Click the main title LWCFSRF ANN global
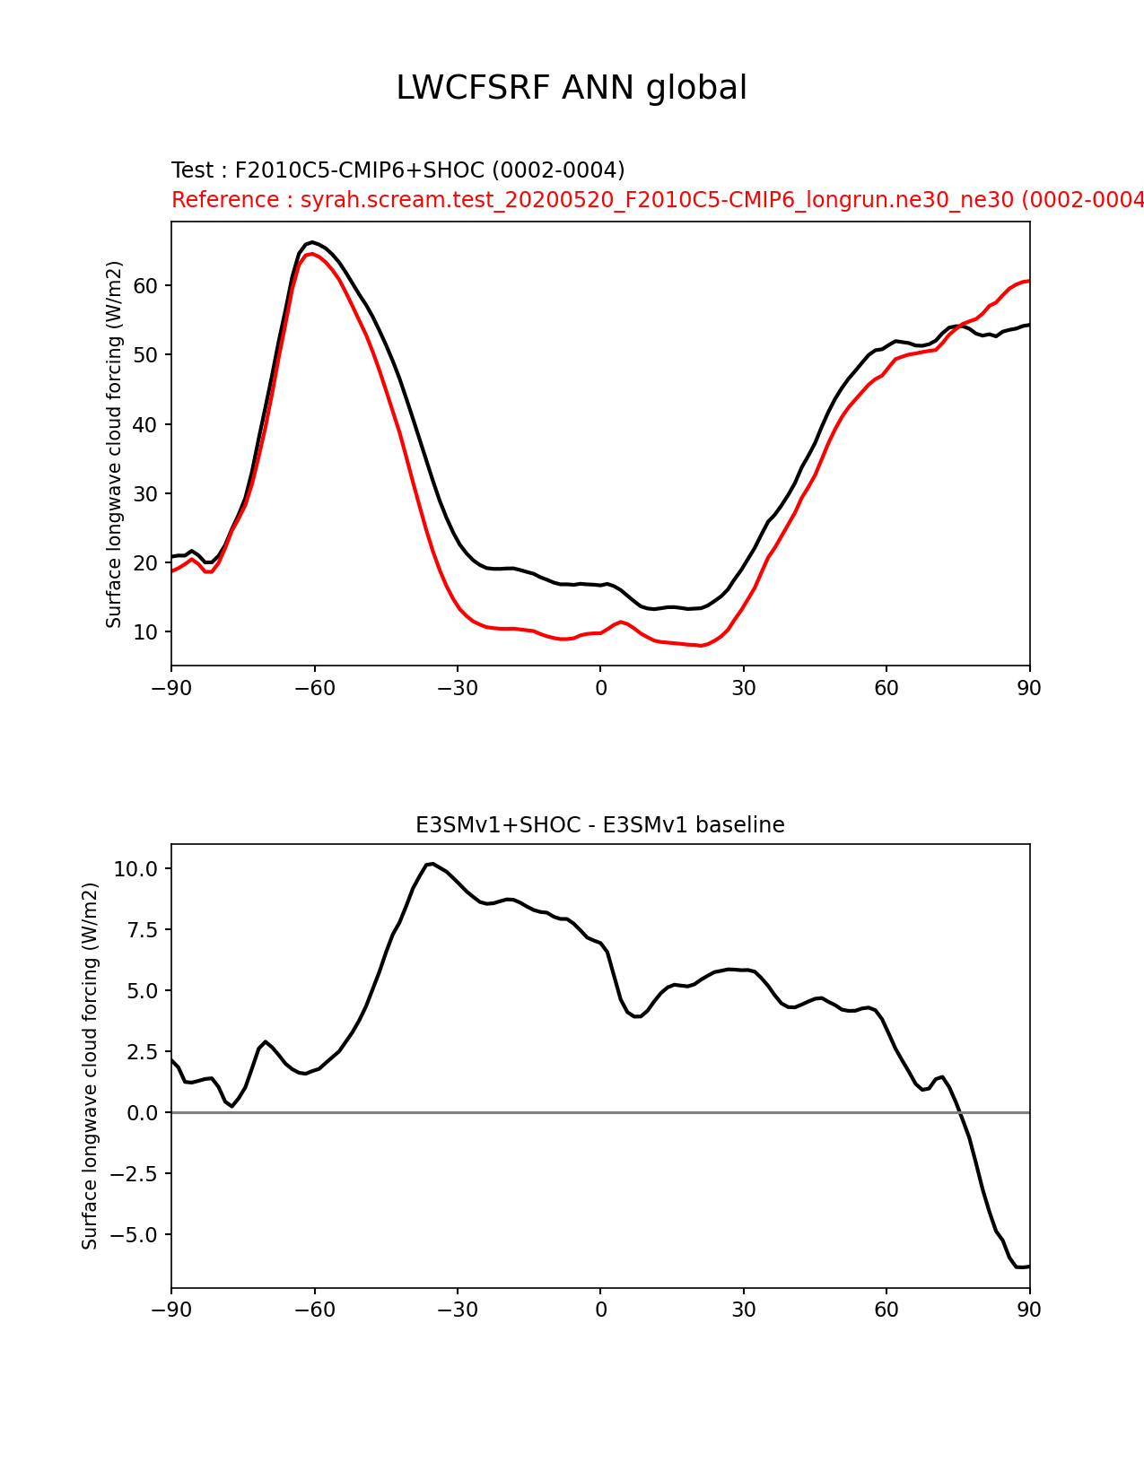[x=572, y=88]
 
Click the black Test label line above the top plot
[x=397, y=170]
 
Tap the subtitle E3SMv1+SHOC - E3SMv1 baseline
[x=599, y=825]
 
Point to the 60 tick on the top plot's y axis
[x=146, y=286]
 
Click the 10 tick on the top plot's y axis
[x=146, y=632]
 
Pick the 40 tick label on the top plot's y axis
[x=146, y=424]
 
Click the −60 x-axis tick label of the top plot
[x=314, y=688]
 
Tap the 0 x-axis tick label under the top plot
[x=600, y=688]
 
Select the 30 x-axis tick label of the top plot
[x=743, y=688]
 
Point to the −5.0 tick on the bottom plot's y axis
[x=132, y=1235]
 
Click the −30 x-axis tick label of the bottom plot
[x=457, y=1310]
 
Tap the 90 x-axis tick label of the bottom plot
[x=1029, y=1310]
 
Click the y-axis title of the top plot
[x=114, y=444]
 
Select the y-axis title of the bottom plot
[x=90, y=1066]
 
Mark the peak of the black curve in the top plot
[x=311, y=242]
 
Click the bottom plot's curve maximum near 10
[x=432, y=864]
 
